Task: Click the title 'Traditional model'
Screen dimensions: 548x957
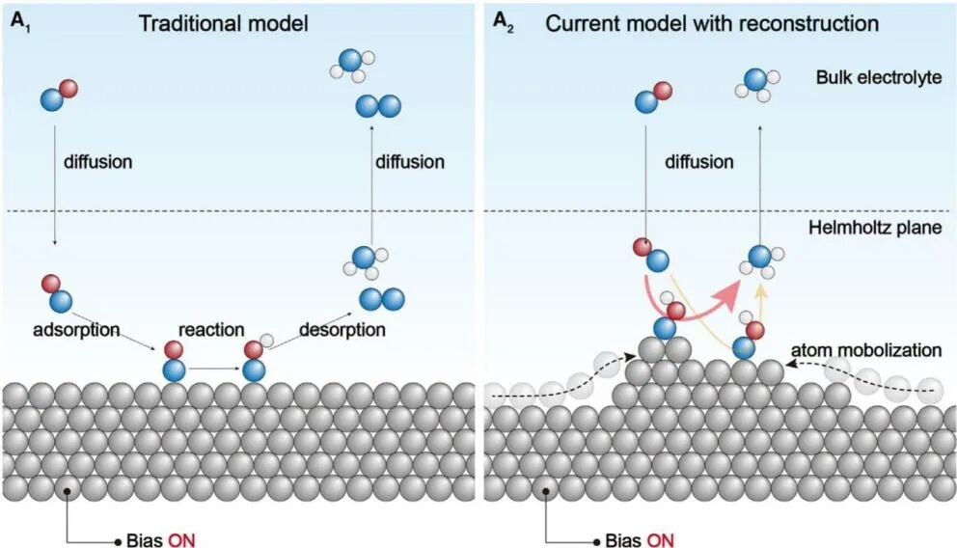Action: pyautogui.click(x=223, y=23)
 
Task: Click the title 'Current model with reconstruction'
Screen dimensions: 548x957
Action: pyautogui.click(x=712, y=23)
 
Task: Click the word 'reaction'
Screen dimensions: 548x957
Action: pyautogui.click(x=211, y=330)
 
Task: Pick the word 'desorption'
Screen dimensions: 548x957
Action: pyautogui.click(x=342, y=330)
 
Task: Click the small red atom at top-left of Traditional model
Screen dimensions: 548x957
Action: pyautogui.click(x=68, y=90)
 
